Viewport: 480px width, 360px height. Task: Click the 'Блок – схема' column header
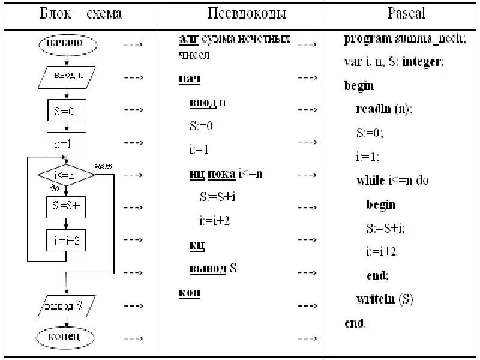[80, 13]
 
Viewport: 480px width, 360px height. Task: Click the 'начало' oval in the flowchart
[67, 44]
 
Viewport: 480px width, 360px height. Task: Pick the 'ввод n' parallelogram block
[67, 77]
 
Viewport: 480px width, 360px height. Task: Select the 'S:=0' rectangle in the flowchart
[67, 110]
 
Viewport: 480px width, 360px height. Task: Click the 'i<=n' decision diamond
[67, 175]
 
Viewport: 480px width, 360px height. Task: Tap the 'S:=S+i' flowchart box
[67, 208]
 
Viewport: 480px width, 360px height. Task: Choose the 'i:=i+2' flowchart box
[67, 241]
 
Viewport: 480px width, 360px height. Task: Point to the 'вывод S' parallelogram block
[67, 305]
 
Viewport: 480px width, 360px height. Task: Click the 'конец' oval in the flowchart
[67, 337]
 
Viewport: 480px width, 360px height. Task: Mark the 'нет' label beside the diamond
[104, 166]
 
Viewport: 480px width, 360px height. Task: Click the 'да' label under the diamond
[53, 188]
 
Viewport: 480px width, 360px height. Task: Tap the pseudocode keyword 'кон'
[190, 293]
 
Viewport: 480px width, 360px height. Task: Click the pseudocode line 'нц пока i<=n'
[226, 173]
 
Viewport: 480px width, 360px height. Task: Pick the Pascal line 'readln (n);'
[385, 109]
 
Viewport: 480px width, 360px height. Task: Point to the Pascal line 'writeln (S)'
[385, 299]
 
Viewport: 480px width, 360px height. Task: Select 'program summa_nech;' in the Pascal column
[404, 39]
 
